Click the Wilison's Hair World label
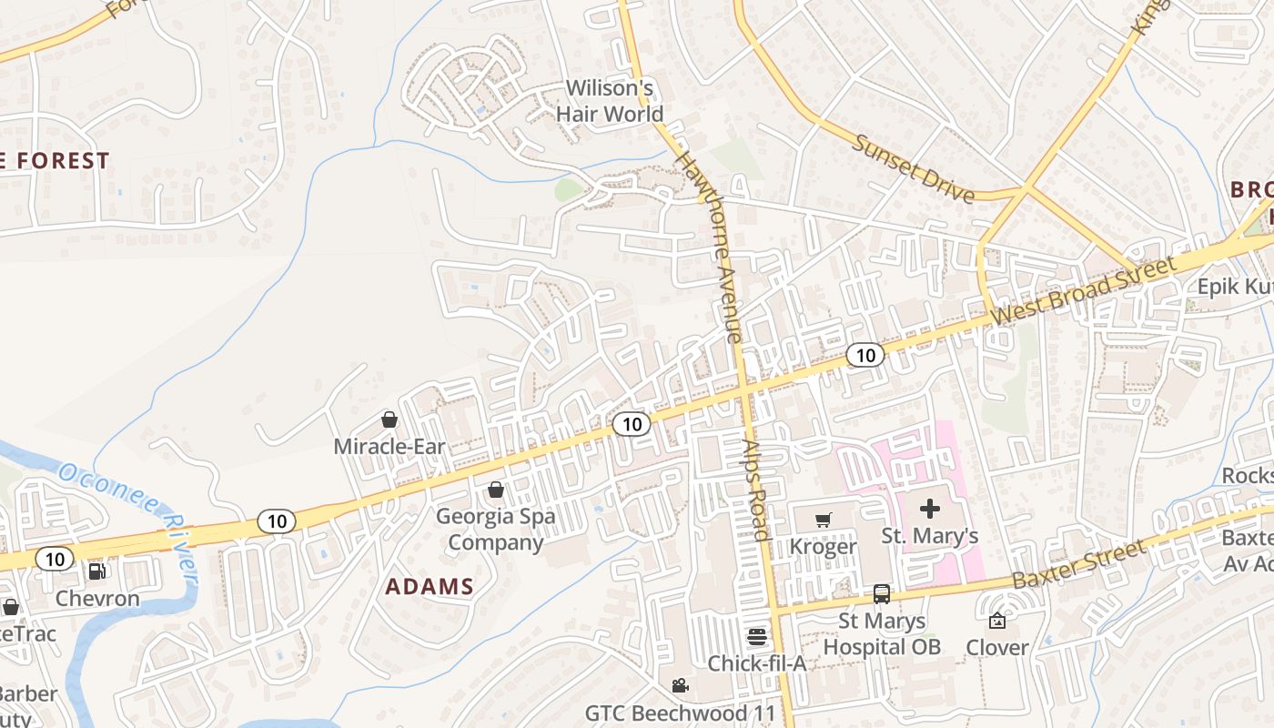(x=610, y=101)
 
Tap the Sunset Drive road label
(x=914, y=168)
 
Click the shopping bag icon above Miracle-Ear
(x=389, y=420)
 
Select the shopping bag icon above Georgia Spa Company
(x=496, y=490)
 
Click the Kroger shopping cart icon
(x=823, y=520)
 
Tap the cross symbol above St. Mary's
(x=930, y=509)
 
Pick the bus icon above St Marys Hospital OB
(x=881, y=594)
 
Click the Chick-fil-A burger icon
(x=757, y=636)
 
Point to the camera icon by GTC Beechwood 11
(x=680, y=685)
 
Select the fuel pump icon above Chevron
(x=96, y=571)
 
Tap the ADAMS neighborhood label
(x=430, y=587)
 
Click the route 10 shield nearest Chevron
(x=56, y=559)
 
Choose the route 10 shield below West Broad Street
(x=864, y=355)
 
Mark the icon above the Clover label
(x=997, y=621)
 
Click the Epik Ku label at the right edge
(x=1234, y=287)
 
